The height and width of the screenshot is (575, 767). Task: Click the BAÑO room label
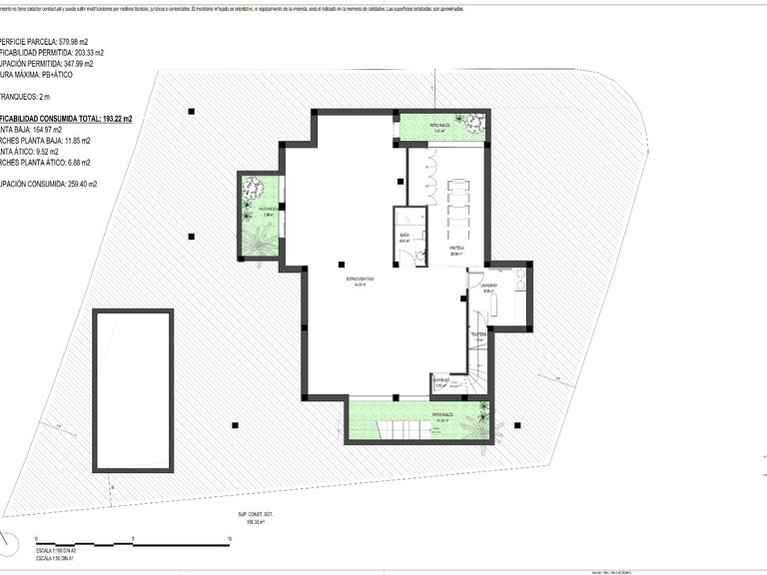(x=404, y=237)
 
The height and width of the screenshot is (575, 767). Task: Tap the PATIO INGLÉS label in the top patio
(x=441, y=126)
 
